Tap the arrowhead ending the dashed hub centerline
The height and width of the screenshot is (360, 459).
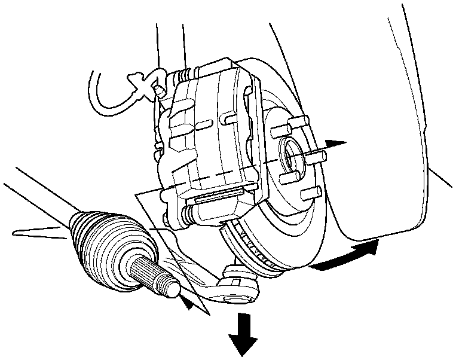pos(338,144)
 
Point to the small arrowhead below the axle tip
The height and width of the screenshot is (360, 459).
pos(189,304)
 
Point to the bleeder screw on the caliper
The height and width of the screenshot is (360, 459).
pos(158,89)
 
